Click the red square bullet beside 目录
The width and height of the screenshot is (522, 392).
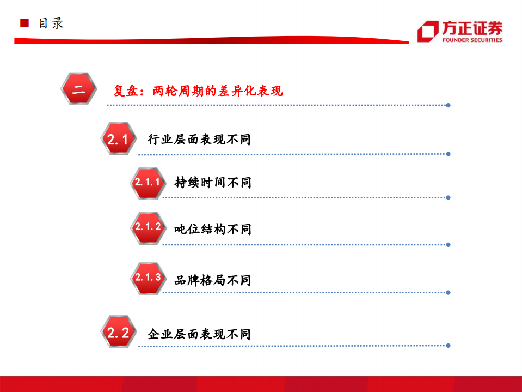click(x=24, y=23)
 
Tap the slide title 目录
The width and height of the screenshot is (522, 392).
click(x=51, y=23)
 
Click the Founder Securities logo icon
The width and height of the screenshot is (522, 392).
click(x=428, y=31)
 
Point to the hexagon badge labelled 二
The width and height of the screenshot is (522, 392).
click(x=79, y=89)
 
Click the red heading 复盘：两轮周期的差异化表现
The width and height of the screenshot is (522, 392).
click(x=198, y=91)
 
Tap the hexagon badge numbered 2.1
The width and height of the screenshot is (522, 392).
click(x=118, y=138)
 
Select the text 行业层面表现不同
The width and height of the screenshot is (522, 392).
click(x=199, y=140)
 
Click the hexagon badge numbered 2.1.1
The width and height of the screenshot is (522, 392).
click(x=148, y=183)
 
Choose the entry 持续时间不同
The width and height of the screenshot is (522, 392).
click(x=213, y=183)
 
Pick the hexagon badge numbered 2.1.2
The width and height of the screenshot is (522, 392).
click(x=148, y=228)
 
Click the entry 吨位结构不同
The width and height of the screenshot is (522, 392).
click(x=213, y=229)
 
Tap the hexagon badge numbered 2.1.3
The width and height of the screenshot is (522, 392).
click(x=148, y=278)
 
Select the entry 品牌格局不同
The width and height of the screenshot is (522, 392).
click(x=213, y=280)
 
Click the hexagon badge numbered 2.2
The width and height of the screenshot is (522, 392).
click(x=118, y=332)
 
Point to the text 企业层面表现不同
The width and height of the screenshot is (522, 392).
click(x=199, y=334)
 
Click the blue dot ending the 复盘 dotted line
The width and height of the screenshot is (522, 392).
click(x=448, y=105)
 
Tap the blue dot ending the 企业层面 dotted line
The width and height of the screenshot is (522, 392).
click(x=448, y=345)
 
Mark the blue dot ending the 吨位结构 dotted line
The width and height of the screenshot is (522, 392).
click(x=448, y=245)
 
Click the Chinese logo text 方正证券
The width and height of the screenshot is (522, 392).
click(x=472, y=28)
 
